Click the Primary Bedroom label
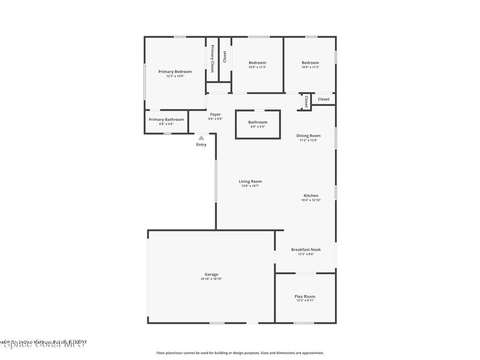click(175, 72)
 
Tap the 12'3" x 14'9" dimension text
click(175, 76)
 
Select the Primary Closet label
click(212, 59)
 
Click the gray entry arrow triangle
click(201, 138)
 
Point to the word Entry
click(201, 144)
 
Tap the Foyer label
click(215, 114)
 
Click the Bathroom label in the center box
click(258, 122)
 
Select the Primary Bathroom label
click(166, 120)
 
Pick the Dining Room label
click(308, 136)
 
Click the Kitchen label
click(311, 195)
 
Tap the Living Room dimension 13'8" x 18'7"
click(250, 186)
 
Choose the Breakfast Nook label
click(306, 250)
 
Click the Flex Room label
click(305, 296)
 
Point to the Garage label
click(211, 275)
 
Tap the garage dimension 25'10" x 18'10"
click(211, 279)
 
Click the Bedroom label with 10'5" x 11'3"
click(257, 63)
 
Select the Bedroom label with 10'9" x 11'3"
click(310, 63)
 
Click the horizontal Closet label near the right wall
click(323, 99)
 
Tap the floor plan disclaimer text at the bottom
click(240, 353)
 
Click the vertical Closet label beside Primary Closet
click(225, 57)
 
